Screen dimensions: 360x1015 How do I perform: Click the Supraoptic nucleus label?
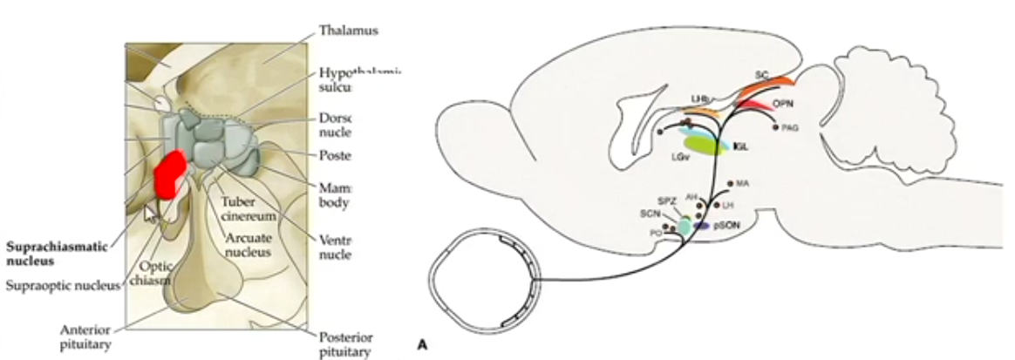(60, 285)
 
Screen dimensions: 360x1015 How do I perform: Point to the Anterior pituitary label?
(87, 336)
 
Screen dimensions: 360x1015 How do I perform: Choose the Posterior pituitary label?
(345, 345)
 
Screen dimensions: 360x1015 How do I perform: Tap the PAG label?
(791, 127)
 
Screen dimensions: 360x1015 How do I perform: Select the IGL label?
(740, 148)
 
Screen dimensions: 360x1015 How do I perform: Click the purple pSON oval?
(700, 225)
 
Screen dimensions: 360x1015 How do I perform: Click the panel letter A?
(422, 345)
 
